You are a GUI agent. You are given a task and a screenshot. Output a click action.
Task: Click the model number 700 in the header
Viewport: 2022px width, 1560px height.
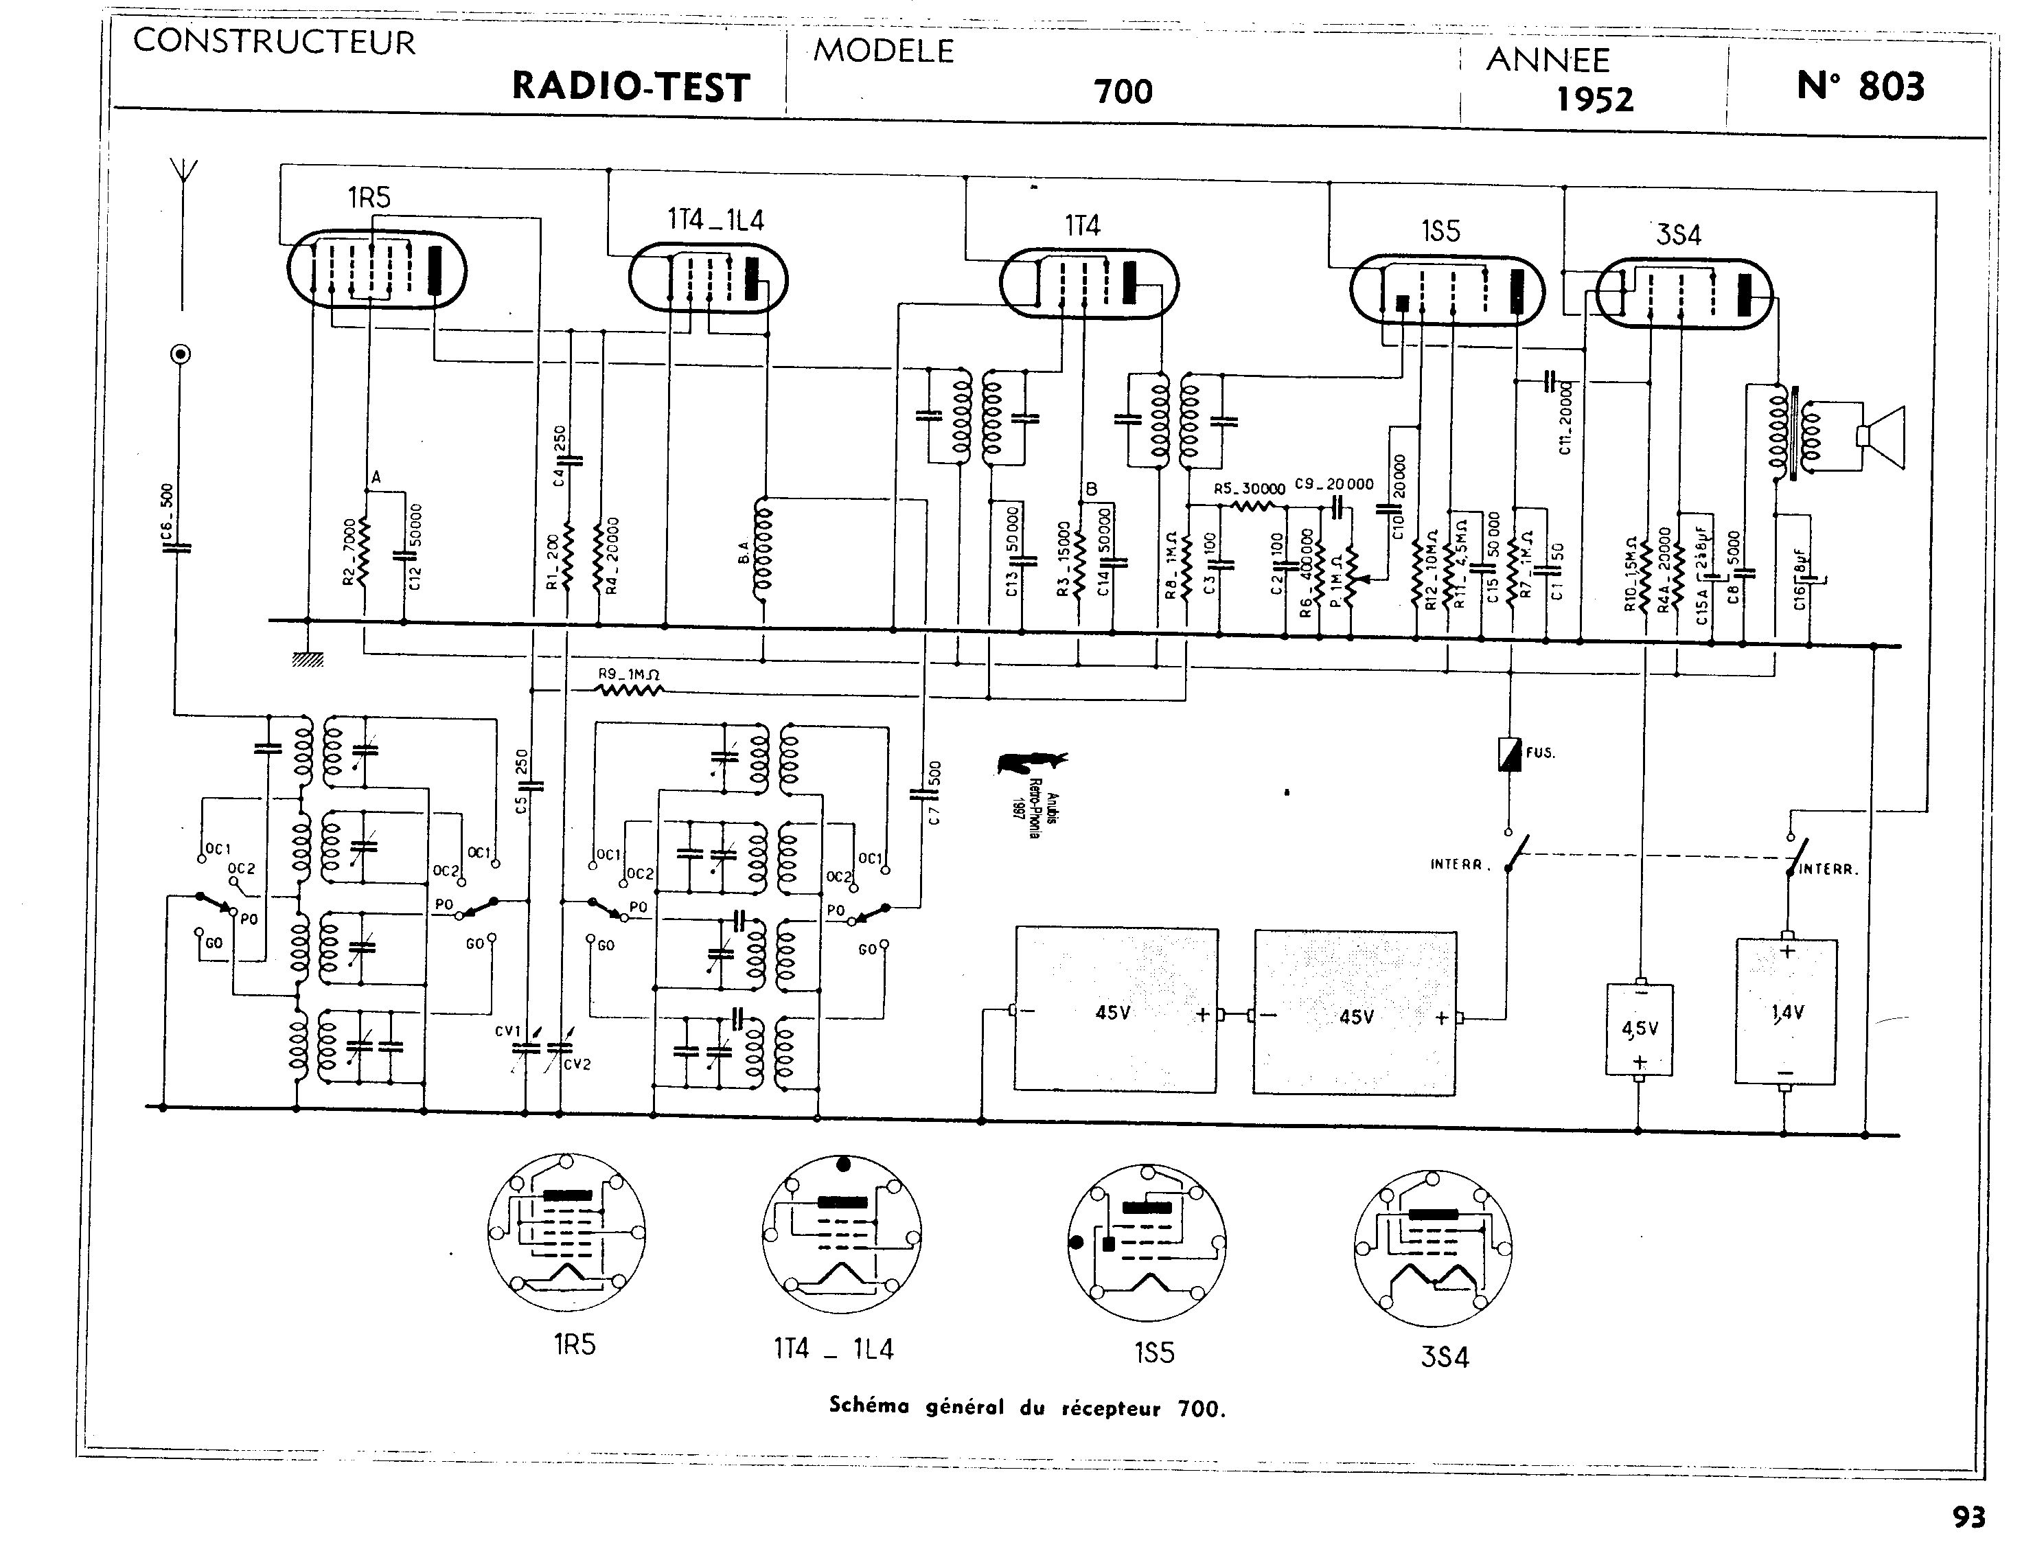click(x=1123, y=91)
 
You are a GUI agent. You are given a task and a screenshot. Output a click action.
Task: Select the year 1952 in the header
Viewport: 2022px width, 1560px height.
click(x=1594, y=99)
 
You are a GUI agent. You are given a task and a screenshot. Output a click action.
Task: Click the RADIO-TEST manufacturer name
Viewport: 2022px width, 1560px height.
click(x=630, y=87)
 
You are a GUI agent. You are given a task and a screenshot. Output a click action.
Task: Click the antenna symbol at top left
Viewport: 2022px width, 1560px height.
click(x=183, y=176)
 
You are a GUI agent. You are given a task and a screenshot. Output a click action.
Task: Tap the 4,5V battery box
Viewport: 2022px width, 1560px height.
click(x=1640, y=1029)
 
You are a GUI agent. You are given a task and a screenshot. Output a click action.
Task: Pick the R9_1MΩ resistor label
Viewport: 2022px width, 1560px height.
click(x=629, y=674)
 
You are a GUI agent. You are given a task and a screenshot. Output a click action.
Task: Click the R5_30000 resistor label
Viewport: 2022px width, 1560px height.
click(x=1249, y=489)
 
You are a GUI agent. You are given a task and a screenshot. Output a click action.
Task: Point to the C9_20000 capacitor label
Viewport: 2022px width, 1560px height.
click(x=1334, y=484)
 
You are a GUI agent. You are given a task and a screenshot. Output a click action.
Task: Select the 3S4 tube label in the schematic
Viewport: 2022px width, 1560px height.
click(x=1679, y=235)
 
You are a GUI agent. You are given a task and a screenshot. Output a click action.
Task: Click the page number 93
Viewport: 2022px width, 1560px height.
click(x=1968, y=1517)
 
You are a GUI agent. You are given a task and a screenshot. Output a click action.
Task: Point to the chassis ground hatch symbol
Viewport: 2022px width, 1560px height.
click(x=308, y=659)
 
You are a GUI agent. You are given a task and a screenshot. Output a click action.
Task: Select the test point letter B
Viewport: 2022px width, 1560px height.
click(x=1092, y=488)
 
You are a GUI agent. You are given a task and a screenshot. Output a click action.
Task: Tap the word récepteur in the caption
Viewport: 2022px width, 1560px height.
click(x=1110, y=1408)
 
